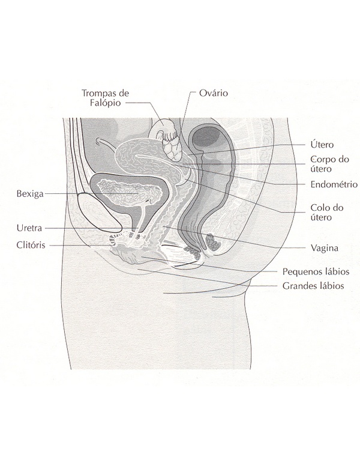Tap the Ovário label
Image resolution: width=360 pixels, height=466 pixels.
(212, 93)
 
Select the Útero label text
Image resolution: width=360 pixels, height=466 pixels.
(322, 145)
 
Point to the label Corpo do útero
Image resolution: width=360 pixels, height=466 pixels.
(329, 164)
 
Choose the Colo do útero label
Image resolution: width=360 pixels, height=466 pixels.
(327, 212)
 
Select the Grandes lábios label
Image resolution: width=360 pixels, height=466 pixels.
(313, 286)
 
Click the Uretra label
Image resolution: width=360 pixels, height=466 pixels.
(29, 228)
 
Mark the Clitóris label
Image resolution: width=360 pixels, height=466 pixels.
(31, 245)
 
